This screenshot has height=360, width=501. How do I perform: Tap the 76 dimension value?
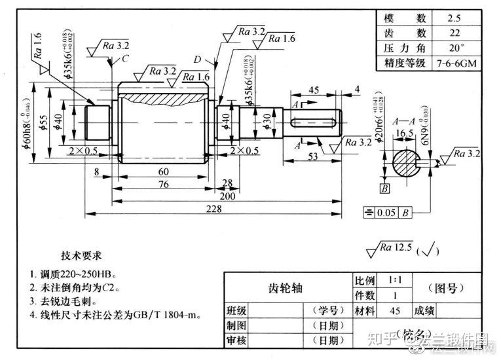click(x=163, y=184)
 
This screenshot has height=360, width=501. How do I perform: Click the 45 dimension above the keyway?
click(x=313, y=90)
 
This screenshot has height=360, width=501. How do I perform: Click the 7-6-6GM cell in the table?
click(x=453, y=63)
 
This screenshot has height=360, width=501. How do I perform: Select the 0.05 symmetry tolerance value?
click(x=388, y=212)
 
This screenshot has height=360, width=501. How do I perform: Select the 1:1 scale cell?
click(x=396, y=279)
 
